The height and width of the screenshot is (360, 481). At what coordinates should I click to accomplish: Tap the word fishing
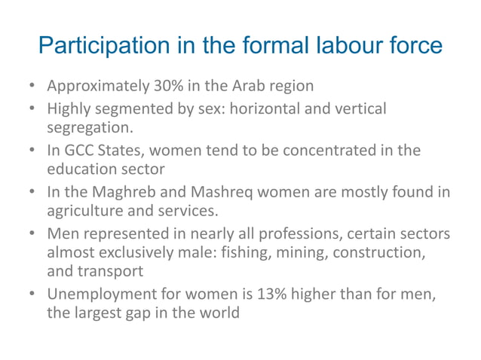coord(242,253)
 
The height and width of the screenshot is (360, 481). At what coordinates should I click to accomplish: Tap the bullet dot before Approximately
coord(34,87)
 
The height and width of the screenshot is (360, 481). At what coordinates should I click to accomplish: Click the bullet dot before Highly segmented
coord(34,110)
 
